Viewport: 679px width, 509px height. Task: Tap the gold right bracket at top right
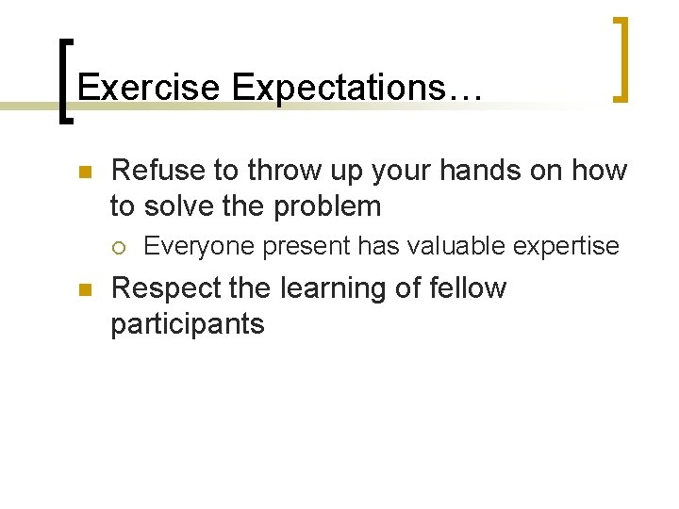click(x=621, y=58)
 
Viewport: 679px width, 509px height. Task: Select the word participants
click(x=188, y=324)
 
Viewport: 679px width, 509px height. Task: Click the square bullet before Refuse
click(x=83, y=172)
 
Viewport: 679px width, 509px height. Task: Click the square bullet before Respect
click(x=83, y=290)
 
